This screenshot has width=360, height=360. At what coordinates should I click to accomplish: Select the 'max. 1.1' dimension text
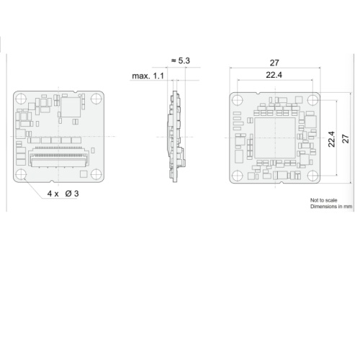coord(148,75)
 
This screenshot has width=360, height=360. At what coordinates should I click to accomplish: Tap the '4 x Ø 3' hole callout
coord(63,194)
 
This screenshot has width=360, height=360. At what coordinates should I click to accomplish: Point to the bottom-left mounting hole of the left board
coord(22,174)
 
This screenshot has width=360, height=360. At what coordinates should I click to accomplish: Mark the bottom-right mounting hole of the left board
coord(96,174)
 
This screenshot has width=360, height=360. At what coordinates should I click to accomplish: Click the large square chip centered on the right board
coord(274,138)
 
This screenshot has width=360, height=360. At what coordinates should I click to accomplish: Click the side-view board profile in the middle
coord(175,137)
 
